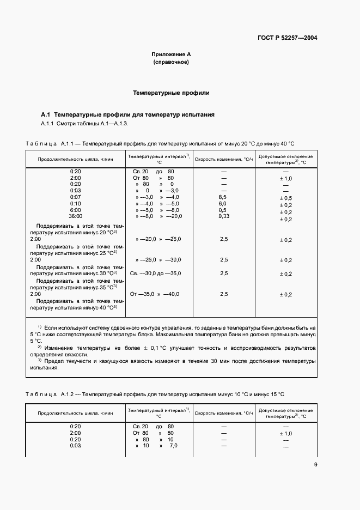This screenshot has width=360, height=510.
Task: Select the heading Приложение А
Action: coord(170,54)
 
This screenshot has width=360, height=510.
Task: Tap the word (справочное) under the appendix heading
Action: coord(170,63)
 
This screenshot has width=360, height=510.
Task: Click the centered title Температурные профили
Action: coord(171,93)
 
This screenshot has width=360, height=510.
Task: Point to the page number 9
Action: coord(315,465)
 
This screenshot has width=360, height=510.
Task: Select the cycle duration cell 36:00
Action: coord(76,216)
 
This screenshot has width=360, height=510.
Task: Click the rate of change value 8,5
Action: coord(222,197)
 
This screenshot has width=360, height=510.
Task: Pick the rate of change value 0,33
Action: coord(223,216)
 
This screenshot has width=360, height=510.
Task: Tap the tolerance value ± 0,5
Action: coord(286,198)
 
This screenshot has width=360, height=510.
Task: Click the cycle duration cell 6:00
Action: coord(76,210)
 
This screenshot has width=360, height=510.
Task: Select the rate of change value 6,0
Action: coord(222,203)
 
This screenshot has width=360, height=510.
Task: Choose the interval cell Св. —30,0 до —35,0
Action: coord(155,273)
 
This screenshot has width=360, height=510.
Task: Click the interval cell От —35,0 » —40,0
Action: coord(155,294)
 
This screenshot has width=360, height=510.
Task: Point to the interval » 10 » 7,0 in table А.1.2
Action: coord(156,446)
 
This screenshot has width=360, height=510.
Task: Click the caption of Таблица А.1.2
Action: coord(156,394)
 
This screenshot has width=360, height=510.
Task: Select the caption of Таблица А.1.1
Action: coord(160,143)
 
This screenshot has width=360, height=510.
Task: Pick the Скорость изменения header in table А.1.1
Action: coord(224,159)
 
